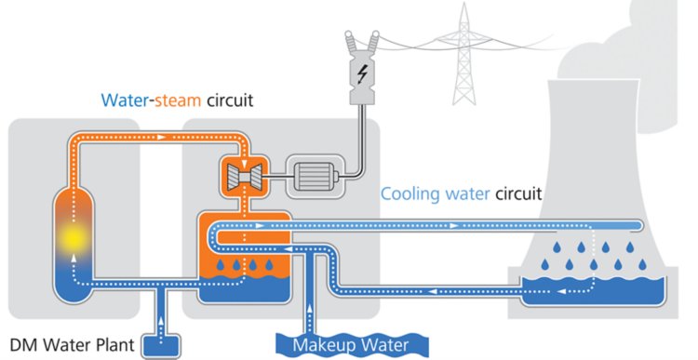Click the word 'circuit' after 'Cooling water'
click(x=517, y=196)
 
